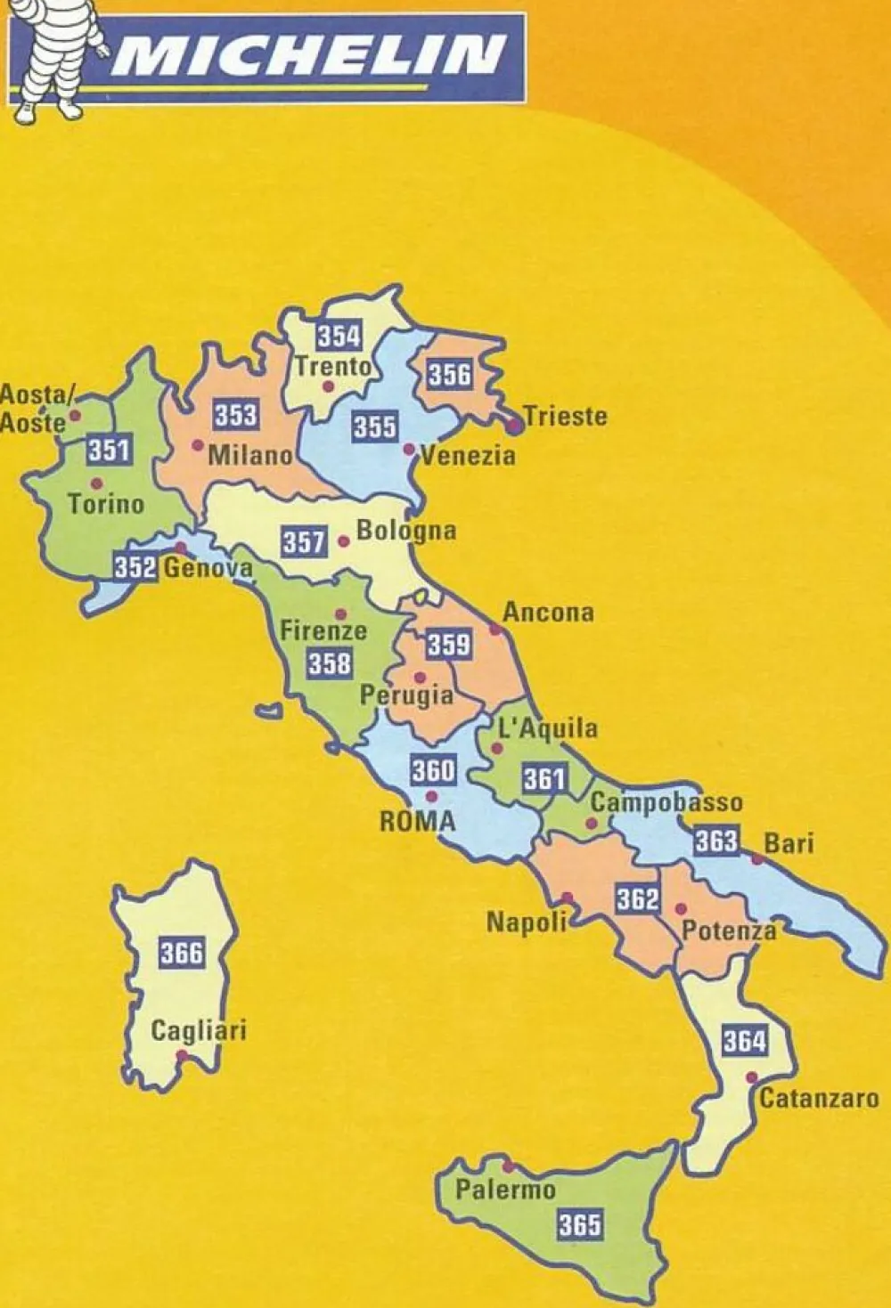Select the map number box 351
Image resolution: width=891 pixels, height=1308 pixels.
[x=109, y=450]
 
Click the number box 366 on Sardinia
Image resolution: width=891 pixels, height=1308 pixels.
[x=182, y=953]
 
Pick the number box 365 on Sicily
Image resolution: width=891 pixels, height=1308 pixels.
[x=580, y=1225]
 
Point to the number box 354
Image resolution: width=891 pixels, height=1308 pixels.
[x=339, y=336]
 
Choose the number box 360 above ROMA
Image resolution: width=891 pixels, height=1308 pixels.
[x=433, y=769]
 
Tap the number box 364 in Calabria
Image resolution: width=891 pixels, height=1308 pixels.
[x=744, y=1039]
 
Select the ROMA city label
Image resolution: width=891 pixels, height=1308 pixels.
[x=417, y=821]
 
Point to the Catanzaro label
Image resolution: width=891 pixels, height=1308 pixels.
[x=819, y=1098]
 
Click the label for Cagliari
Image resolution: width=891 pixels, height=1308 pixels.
[x=198, y=1031]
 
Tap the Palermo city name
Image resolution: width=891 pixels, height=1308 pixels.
[x=505, y=1190]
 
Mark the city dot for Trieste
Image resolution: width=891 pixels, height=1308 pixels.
[x=513, y=426]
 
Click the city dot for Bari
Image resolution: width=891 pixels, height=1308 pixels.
[x=756, y=859]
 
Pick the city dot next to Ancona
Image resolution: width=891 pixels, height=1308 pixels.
[x=495, y=629]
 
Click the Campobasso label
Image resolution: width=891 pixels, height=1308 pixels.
[x=666, y=802]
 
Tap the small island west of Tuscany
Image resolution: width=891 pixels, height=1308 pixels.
[x=265, y=712]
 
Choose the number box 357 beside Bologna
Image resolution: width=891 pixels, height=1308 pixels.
[x=304, y=541]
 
